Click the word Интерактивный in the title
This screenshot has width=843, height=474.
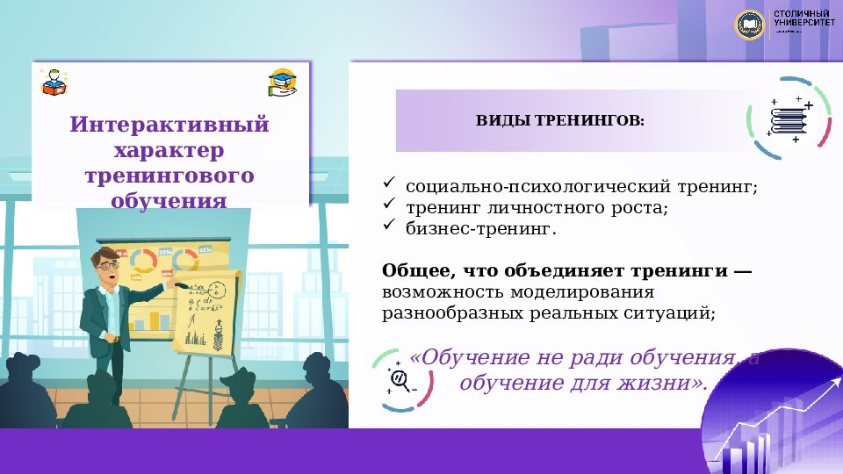tap(169, 124)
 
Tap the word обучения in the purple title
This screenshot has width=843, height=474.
tap(169, 201)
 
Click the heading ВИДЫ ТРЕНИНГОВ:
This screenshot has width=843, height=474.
tap(559, 120)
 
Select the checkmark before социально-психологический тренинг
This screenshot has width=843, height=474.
tap(390, 184)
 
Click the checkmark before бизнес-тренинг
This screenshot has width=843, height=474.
tap(390, 226)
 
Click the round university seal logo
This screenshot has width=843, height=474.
tap(751, 24)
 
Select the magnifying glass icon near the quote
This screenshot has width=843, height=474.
tap(401, 379)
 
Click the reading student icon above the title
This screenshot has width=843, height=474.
tap(53, 82)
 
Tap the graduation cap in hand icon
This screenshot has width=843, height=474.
tap(282, 82)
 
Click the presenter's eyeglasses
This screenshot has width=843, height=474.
tap(107, 262)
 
